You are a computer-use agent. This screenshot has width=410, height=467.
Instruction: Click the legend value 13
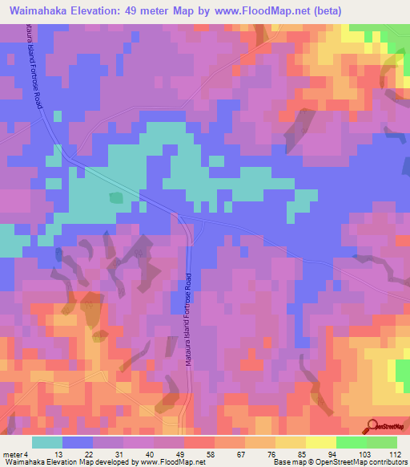coord(59,454)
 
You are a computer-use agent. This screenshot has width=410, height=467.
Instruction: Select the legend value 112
coord(396,454)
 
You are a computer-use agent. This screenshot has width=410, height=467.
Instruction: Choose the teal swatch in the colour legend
coord(47,442)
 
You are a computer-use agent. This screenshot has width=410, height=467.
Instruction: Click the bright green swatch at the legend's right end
coord(382,442)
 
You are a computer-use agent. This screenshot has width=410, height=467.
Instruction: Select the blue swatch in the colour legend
coord(78,442)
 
